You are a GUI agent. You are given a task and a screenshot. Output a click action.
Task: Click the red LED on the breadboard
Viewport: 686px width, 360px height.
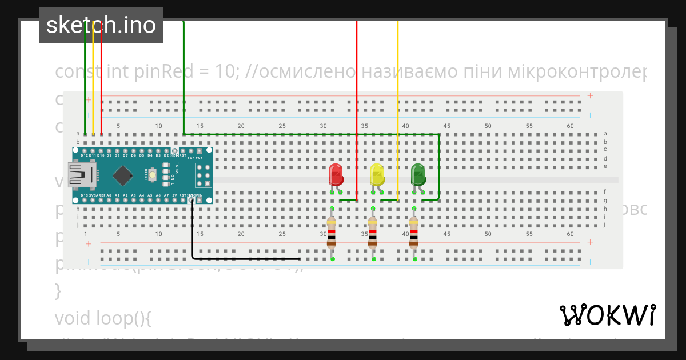(x=336, y=173)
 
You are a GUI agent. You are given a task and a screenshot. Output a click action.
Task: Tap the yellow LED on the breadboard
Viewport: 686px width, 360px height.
(x=377, y=173)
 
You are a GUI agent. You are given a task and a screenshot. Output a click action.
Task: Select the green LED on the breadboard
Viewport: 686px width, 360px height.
(x=418, y=173)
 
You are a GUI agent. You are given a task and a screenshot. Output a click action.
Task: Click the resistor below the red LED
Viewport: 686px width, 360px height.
(x=332, y=234)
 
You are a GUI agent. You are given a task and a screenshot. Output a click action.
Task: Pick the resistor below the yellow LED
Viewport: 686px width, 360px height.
(x=373, y=234)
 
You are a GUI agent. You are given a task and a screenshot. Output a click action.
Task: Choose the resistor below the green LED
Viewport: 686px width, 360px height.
(x=414, y=234)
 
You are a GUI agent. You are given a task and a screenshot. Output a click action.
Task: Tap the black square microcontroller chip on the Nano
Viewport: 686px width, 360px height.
(x=123, y=175)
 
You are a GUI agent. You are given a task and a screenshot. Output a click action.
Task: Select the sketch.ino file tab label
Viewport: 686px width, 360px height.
(x=101, y=25)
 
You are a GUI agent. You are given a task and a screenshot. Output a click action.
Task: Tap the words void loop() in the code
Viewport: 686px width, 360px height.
(x=103, y=318)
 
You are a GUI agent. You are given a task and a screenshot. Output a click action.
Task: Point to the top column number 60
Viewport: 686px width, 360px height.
(x=570, y=126)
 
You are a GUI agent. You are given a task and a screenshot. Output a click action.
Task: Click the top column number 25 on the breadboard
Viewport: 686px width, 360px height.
(x=282, y=126)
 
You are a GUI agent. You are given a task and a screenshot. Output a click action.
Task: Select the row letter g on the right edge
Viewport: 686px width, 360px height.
(x=605, y=200)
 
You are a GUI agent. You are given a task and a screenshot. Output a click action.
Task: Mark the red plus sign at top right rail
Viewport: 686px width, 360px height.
(x=590, y=95)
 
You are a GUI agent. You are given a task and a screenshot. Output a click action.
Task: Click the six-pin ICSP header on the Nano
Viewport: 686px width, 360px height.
(x=204, y=175)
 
